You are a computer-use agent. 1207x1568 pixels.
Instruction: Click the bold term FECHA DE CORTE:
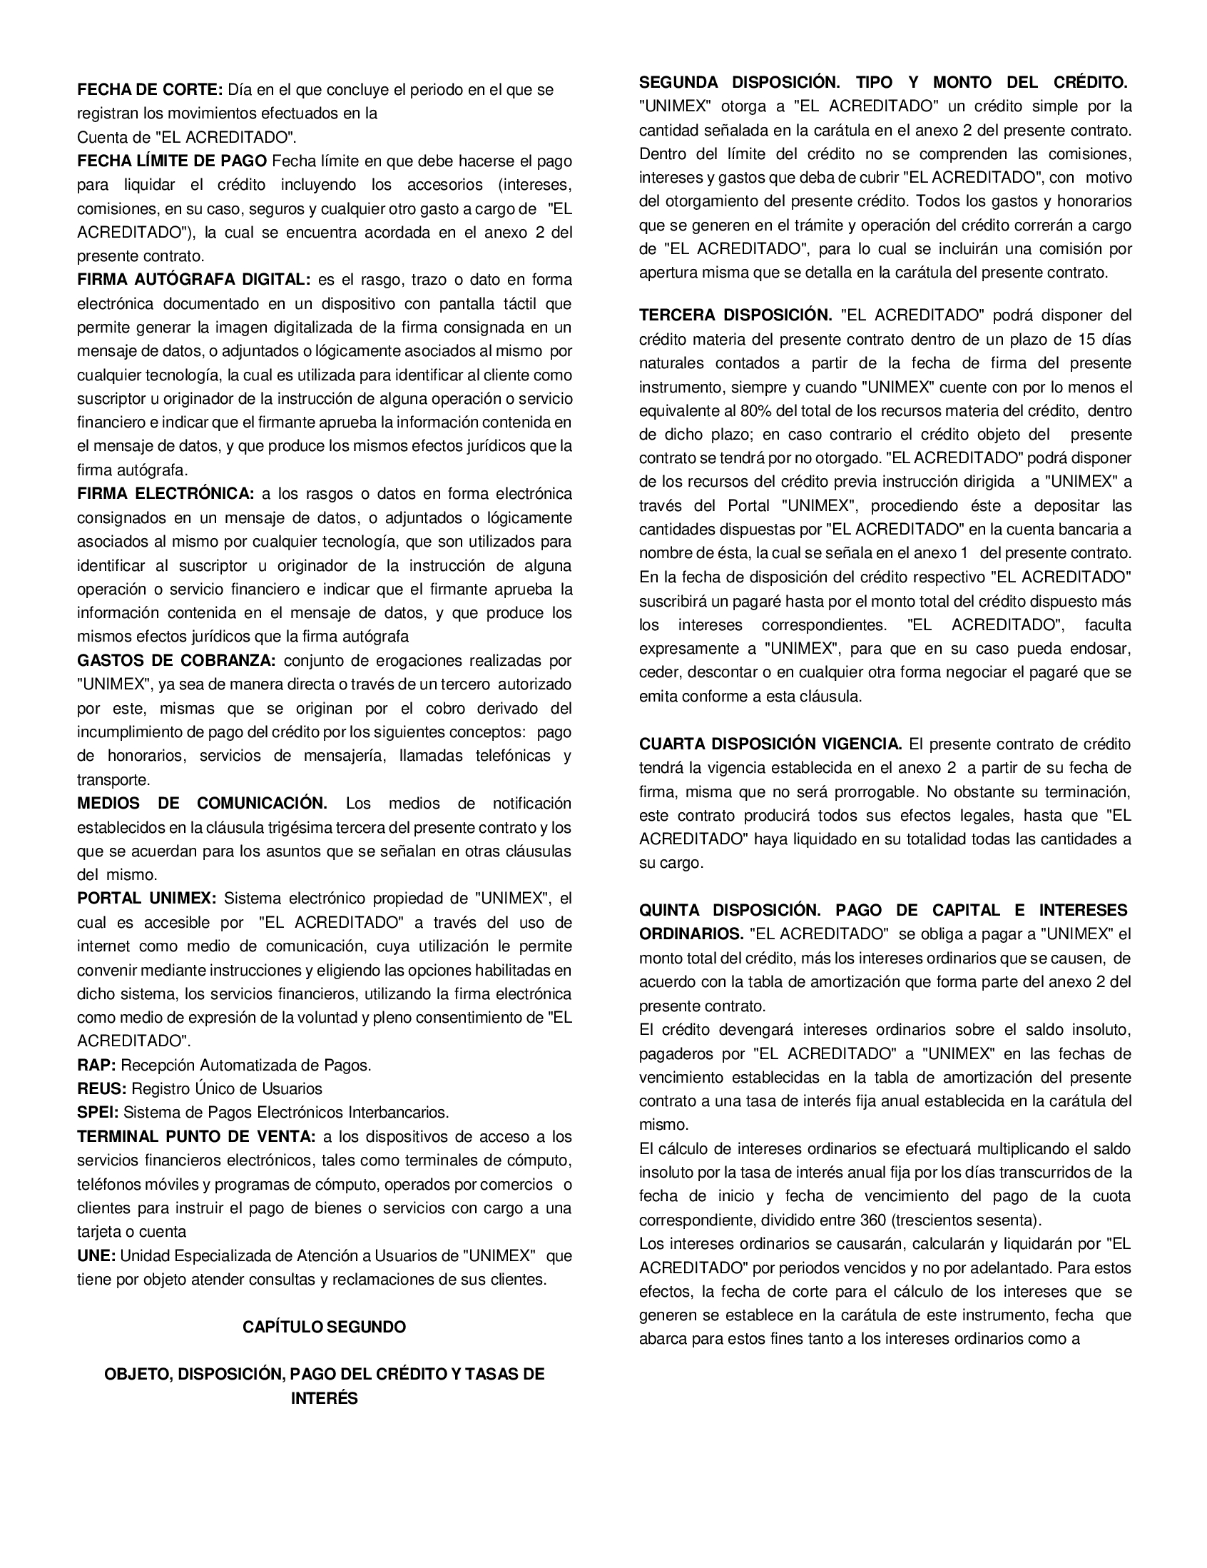point(150,90)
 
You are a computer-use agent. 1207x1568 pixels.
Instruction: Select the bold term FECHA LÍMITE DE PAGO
point(172,161)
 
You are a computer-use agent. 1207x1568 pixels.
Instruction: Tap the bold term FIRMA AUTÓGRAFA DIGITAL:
point(194,279)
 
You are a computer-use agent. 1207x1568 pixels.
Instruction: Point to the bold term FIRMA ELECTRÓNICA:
point(165,494)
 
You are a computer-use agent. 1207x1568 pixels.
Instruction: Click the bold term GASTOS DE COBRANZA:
point(176,660)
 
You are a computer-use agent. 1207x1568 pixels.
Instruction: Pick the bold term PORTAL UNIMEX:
point(146,898)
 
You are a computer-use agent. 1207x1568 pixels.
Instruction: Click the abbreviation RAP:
point(96,1065)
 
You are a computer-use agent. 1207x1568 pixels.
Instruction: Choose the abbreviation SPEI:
point(98,1112)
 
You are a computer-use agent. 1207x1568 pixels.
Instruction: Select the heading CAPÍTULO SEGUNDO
point(325,1327)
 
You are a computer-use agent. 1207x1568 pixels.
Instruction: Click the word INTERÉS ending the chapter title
point(325,1399)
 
